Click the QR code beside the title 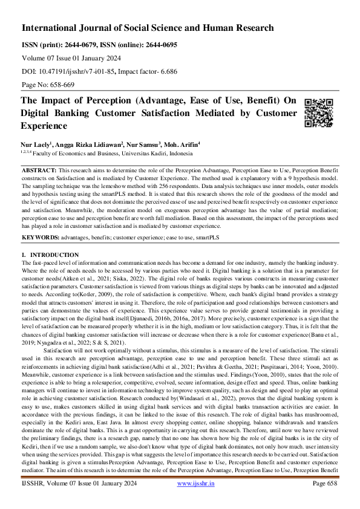coord(319,112)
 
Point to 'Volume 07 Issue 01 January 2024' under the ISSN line coord(71,58)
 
